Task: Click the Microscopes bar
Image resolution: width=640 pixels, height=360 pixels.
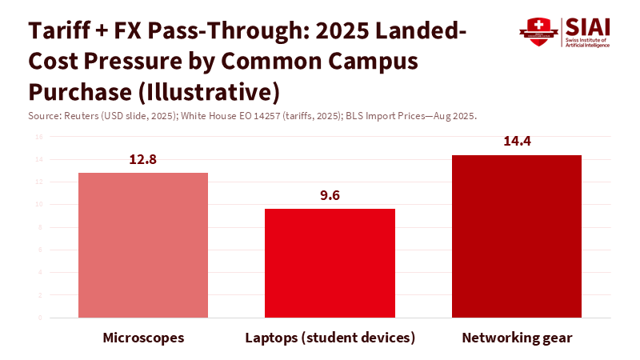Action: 143,245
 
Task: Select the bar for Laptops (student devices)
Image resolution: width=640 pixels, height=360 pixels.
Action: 330,263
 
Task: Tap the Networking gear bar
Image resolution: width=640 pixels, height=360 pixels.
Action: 517,236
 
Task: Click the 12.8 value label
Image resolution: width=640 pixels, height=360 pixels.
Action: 143,159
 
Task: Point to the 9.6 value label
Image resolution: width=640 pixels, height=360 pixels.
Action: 330,195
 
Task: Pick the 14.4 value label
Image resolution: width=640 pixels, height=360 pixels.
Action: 517,142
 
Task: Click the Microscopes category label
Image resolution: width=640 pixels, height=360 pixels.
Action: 143,338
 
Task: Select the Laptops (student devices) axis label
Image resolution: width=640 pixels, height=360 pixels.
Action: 330,338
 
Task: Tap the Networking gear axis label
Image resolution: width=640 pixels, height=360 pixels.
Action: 517,338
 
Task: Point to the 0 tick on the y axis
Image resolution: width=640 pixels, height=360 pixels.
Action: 40,318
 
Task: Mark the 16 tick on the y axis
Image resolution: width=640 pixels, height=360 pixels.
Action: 38,136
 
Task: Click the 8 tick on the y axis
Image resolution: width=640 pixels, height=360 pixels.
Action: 40,227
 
